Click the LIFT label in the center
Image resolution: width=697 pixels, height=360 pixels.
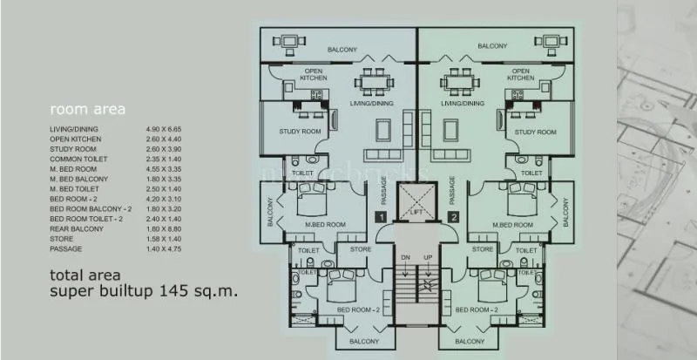tap(416, 212)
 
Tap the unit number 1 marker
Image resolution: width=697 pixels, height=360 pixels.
tap(379, 217)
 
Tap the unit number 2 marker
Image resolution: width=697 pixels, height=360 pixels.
tap(453, 217)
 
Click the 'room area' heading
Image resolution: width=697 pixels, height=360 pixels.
tap(88, 110)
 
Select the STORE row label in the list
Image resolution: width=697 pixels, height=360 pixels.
tap(61, 238)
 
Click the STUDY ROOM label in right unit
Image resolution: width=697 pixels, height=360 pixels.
tap(535, 132)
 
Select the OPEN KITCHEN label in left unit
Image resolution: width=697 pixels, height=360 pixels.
tap(315, 74)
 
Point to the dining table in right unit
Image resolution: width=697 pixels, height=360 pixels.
tap(457, 82)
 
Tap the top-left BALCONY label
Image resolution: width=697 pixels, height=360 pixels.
tap(342, 50)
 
